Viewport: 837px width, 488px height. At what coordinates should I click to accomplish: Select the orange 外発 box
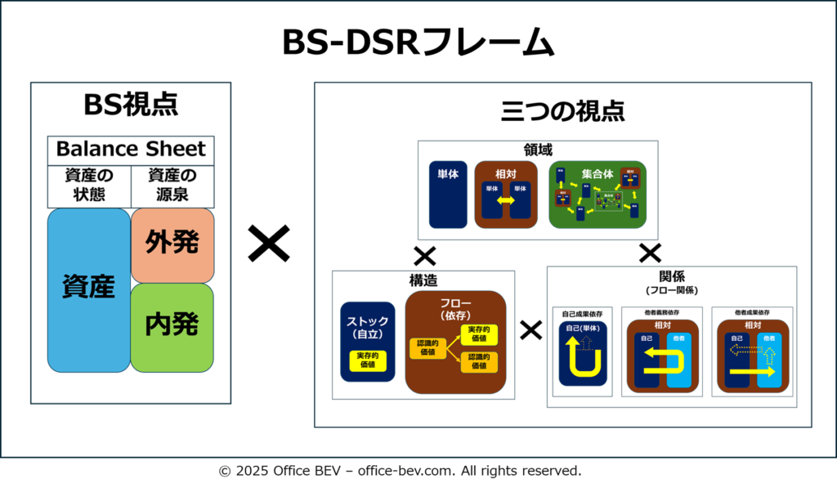coord(172,244)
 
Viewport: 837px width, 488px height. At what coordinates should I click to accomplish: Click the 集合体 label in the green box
coord(598,174)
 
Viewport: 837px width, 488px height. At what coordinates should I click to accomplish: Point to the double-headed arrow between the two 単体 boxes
coord(505,201)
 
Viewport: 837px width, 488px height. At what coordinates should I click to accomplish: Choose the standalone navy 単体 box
coord(447,195)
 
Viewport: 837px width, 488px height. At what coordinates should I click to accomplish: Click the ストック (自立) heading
coord(368,327)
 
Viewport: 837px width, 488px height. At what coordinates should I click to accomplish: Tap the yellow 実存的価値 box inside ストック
coord(368,360)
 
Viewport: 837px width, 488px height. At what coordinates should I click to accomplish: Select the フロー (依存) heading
coord(455,309)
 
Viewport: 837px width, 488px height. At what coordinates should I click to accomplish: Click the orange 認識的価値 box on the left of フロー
coord(427,348)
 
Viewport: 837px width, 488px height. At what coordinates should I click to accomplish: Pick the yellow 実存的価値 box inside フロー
coord(479,334)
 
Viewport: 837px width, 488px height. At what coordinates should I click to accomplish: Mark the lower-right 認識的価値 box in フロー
coord(479,361)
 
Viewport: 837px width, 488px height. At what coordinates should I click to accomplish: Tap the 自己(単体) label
coord(583,329)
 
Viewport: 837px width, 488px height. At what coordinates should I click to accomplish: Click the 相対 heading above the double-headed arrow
coord(505,174)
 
